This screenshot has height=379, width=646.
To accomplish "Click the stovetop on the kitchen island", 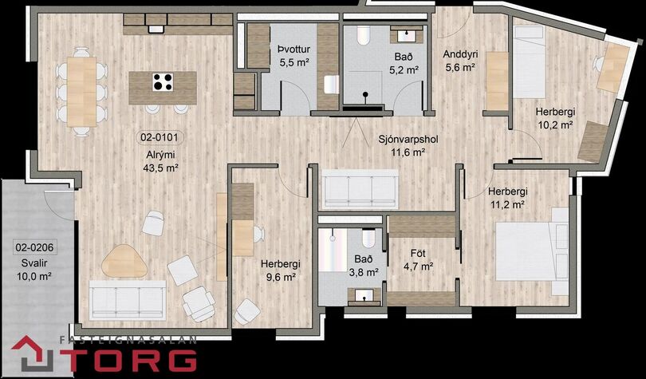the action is pos(163,81).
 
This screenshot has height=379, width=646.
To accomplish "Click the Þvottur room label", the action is pos(293,49).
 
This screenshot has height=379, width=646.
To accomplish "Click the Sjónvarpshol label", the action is pos(408,140).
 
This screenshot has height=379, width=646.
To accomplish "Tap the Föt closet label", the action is pos(418,253).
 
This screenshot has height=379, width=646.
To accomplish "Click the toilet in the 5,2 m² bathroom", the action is pos(364,35).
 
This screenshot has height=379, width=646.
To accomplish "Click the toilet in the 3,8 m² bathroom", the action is pos(368,238).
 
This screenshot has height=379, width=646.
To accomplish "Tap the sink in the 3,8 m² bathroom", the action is pos(364,295).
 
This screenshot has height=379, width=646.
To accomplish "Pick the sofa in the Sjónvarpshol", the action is pos(360,189).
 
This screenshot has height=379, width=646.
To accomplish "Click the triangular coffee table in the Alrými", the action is pos(124,261).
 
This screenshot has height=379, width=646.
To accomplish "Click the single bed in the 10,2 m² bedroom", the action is pos(529,61).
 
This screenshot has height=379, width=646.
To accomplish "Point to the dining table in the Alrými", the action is pos(81,92).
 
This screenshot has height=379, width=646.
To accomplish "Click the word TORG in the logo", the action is pos(131,360).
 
